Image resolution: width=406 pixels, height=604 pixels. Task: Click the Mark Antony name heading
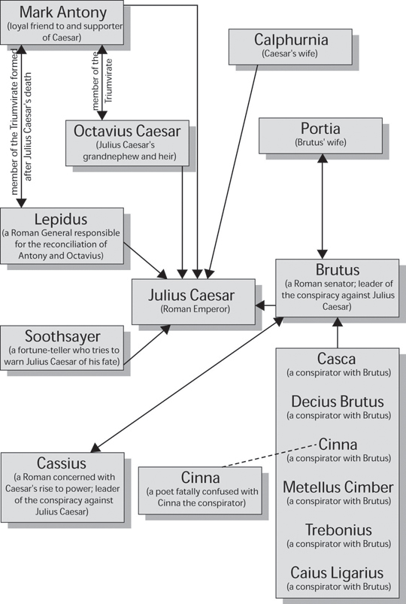[63, 12]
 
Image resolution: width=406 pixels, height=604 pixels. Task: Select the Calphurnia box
[290, 47]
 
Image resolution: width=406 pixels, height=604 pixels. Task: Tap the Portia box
[320, 135]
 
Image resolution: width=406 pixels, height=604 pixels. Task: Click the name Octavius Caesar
[127, 131]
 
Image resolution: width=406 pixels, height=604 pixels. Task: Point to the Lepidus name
[61, 219]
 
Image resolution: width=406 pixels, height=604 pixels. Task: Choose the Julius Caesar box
[193, 302]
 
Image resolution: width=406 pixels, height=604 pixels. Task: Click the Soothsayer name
[62, 336]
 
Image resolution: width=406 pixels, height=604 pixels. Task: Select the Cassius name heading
[62, 463]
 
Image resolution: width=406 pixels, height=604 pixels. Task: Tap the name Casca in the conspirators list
[336, 359]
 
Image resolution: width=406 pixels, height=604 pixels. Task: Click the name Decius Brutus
[338, 402]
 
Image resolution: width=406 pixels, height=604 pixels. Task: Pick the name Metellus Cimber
[338, 487]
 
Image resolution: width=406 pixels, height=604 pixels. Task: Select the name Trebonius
[338, 530]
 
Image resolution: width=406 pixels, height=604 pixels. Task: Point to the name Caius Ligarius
[337, 573]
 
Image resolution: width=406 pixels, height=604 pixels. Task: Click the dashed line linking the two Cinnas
[270, 456]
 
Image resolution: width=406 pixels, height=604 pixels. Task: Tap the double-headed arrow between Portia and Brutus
[322, 206]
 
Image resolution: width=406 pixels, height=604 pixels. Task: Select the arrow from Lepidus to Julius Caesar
[145, 260]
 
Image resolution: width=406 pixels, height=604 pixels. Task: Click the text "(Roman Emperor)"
[195, 309]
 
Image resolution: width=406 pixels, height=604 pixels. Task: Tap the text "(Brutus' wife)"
[320, 142]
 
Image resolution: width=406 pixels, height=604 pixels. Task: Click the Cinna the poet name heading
[200, 478]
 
